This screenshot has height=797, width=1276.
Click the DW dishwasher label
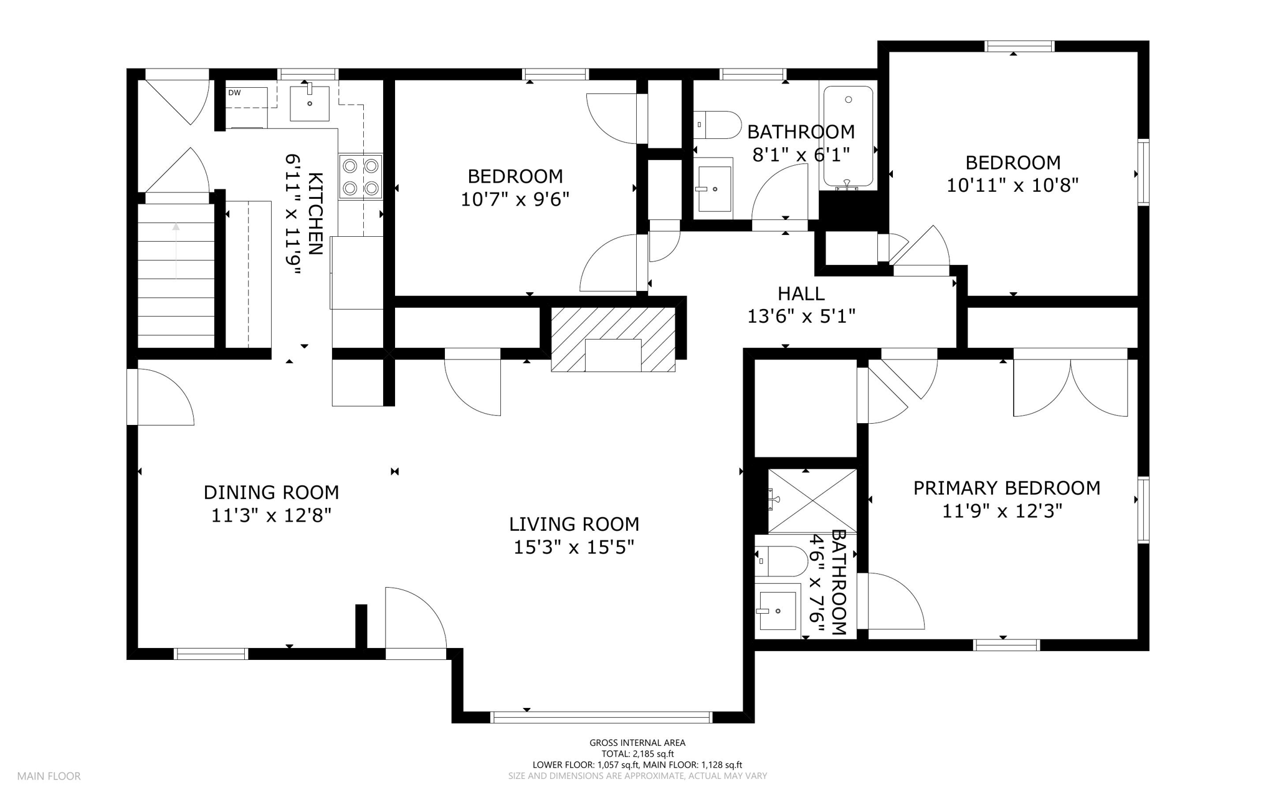point(234,93)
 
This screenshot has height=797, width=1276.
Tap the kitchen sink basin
point(310,104)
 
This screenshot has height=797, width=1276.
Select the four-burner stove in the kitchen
point(361,177)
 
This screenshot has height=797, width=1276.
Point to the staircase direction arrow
point(176,251)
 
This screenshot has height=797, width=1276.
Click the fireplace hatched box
point(613,339)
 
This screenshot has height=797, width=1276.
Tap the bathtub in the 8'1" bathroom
point(848,137)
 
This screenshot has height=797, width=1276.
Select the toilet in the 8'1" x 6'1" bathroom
point(717,125)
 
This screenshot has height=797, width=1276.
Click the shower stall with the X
point(812,501)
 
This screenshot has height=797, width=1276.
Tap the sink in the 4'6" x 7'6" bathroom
point(778,611)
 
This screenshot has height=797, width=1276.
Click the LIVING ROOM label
point(574,524)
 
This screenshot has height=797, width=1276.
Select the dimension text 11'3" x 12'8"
point(271,515)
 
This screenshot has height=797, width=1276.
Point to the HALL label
point(801,293)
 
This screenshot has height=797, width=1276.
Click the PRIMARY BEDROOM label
point(1007,488)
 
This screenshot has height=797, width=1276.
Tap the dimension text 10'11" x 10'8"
point(1012,186)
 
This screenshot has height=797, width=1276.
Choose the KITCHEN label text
point(316,214)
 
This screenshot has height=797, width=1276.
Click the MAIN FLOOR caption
point(49,776)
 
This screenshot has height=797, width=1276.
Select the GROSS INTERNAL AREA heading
point(637,743)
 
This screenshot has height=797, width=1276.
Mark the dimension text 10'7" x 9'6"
point(515,199)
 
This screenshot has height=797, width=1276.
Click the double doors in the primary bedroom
point(1070,383)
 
